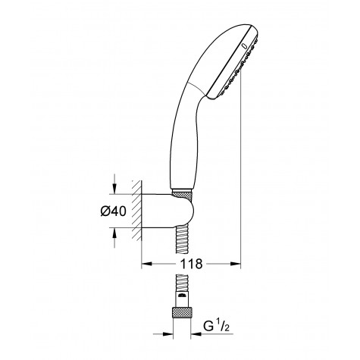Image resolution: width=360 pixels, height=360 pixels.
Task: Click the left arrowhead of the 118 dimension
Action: pyautogui.click(x=148, y=264)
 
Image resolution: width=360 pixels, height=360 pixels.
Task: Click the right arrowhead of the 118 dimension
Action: pyautogui.click(x=236, y=264)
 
